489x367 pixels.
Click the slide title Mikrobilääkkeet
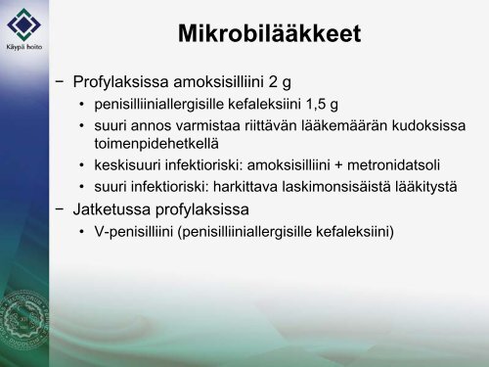tap(269, 35)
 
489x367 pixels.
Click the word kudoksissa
tap(422, 127)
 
